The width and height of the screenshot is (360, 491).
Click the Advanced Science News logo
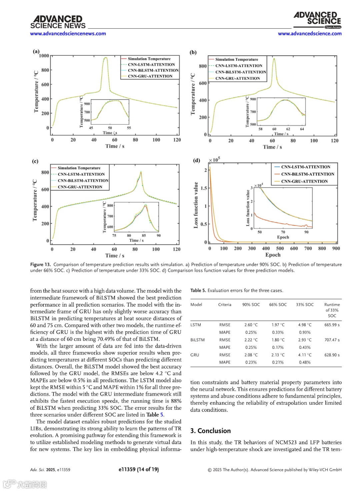tap(58, 22)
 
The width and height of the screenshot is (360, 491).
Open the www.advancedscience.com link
tap(309, 33)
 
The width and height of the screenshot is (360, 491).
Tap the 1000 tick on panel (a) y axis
tap(44, 56)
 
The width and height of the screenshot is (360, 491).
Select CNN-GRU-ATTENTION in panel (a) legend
tap(150, 76)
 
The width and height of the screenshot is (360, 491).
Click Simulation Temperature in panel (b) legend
tap(236, 59)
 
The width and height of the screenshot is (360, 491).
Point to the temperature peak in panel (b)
tap(274, 59)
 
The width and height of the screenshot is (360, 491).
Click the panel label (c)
tap(35, 161)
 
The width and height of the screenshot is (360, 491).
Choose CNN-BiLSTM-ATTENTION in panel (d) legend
tap(307, 174)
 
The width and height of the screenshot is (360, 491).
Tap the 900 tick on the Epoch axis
tap(336, 248)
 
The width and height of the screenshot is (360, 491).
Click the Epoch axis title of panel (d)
tap(273, 255)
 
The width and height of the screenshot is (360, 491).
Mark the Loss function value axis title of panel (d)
tap(196, 205)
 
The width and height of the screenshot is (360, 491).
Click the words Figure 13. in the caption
tap(41, 264)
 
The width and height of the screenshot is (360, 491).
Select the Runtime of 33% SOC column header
tap(332, 310)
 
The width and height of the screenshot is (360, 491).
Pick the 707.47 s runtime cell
tap(332, 340)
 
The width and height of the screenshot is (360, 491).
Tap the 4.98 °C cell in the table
tap(305, 325)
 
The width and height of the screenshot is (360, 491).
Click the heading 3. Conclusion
tap(210, 431)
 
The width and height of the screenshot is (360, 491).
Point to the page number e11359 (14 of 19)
tap(139, 469)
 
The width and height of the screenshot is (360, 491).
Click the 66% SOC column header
tap(278, 304)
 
